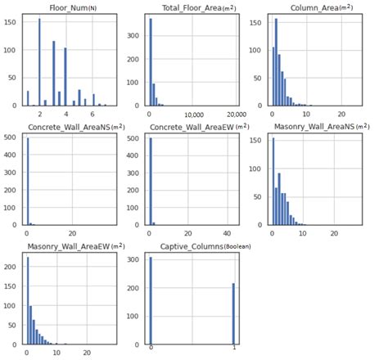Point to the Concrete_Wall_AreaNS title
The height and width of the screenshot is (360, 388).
click(x=71, y=127)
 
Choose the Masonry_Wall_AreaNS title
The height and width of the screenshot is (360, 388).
click(x=315, y=127)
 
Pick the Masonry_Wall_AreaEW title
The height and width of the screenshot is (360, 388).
click(x=71, y=245)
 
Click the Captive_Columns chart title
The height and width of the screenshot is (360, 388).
click(x=194, y=245)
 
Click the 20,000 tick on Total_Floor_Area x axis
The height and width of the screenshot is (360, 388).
click(x=237, y=114)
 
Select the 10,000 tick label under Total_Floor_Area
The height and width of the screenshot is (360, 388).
click(x=194, y=114)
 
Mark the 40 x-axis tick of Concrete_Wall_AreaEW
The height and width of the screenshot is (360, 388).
click(x=228, y=232)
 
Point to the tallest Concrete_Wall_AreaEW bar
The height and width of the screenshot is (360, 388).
click(x=150, y=181)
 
